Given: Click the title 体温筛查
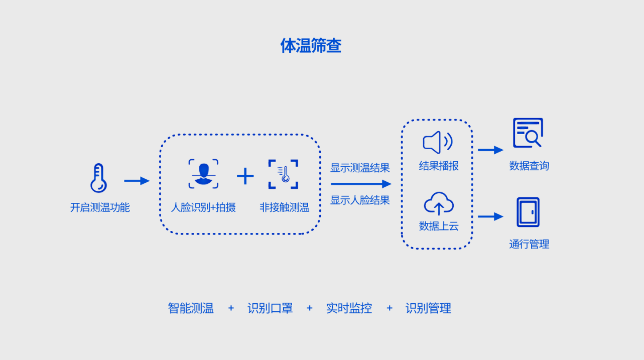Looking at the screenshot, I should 311,46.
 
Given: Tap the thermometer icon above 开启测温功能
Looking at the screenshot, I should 98,178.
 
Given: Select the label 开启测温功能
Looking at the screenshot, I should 100,207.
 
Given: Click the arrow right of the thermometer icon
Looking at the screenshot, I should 137,181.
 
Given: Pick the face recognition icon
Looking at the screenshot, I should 203,174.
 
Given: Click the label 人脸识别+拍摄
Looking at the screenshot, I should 203,207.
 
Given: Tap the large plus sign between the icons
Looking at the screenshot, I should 245,176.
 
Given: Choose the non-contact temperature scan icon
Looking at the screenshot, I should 283,174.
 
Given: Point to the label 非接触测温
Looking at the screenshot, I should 284,207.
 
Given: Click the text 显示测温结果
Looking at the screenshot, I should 360,168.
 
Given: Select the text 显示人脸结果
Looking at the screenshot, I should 360,200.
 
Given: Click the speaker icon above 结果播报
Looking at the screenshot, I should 438,143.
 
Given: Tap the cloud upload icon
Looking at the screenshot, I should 439,204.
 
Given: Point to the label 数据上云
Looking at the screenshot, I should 439,226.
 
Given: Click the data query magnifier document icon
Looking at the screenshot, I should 528,133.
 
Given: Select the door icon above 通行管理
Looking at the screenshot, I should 528,212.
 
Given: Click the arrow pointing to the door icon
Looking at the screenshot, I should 490,216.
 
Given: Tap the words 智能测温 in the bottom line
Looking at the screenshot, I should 191,308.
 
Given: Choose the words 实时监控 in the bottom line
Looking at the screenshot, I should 349,308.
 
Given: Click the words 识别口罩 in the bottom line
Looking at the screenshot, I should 270,308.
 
